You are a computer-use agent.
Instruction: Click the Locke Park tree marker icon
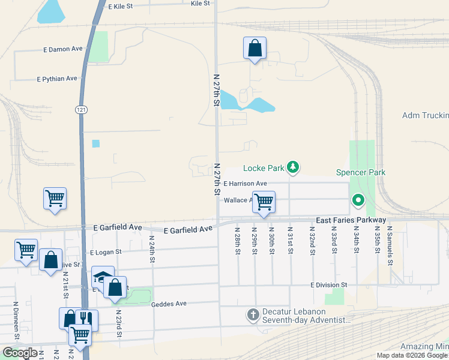tap(292, 167)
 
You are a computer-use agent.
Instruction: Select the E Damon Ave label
tap(62, 49)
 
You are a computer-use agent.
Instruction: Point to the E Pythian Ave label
tap(57, 79)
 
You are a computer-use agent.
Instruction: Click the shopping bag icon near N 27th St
tap(255, 49)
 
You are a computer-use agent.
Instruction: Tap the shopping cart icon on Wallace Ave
tap(264, 202)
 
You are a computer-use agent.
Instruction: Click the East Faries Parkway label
tap(351, 221)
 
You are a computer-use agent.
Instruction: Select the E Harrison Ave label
tap(245, 183)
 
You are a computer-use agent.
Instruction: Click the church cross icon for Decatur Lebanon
tap(253, 314)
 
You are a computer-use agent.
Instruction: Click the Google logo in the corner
tap(20, 353)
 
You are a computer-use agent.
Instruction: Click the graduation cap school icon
tap(102, 277)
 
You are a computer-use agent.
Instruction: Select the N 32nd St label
tap(312, 241)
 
